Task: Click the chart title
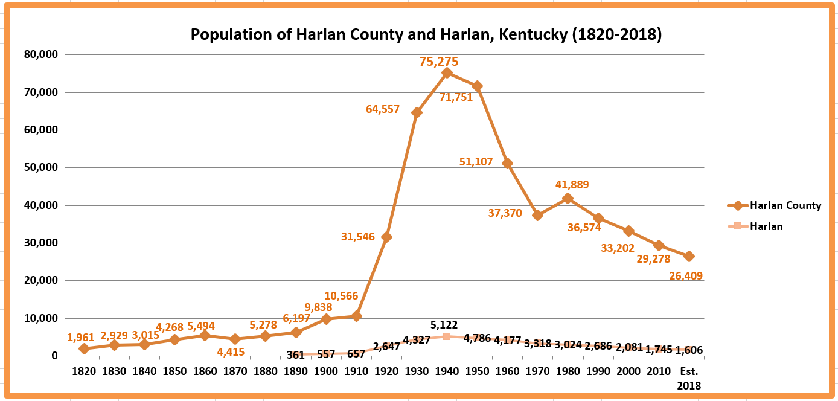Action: [x=426, y=34]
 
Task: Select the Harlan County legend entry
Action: [x=775, y=205]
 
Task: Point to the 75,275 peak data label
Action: [x=439, y=62]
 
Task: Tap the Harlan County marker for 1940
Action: [x=447, y=72]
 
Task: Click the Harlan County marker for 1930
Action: [x=417, y=112]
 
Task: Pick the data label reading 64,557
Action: [x=383, y=109]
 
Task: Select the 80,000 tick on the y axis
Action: [x=40, y=54]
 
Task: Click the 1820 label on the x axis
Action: [x=84, y=371]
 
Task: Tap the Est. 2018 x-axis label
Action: [x=689, y=377]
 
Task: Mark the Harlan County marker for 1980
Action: [x=568, y=198]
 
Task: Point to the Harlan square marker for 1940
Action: [x=447, y=336]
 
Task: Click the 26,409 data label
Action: [x=685, y=276]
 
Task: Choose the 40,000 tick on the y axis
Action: [x=40, y=205]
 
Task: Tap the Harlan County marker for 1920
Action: [x=386, y=237]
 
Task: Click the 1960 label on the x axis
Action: [x=507, y=371]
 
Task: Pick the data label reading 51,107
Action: [x=476, y=162]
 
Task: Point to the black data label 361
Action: [x=295, y=355]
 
